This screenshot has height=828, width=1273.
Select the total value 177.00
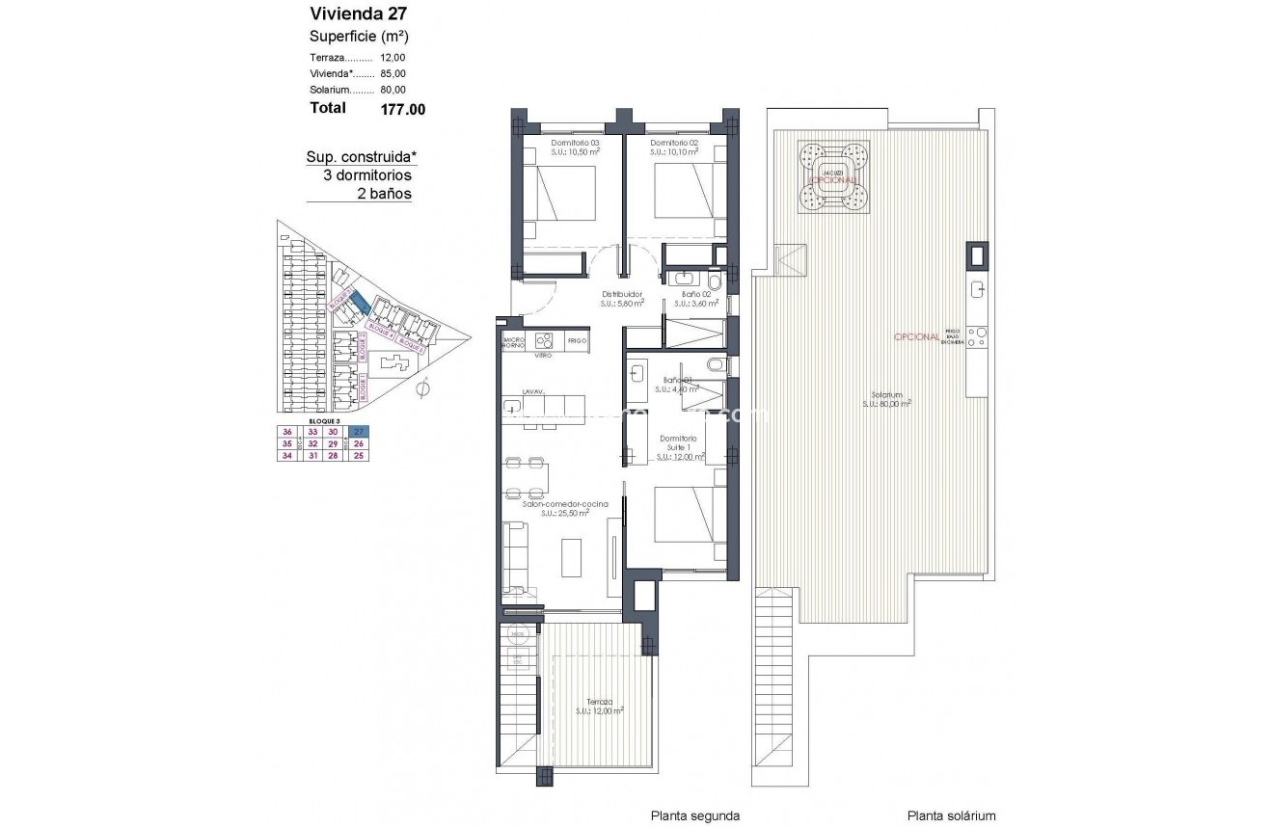[x=403, y=109]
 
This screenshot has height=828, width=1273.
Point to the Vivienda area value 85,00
[x=393, y=73]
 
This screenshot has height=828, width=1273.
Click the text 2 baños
[x=384, y=194]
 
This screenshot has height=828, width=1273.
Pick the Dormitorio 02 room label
[x=674, y=143]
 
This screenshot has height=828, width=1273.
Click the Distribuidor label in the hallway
[x=622, y=295]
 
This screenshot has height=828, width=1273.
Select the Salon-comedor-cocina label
[x=553, y=504]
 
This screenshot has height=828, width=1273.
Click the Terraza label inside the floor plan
[x=599, y=703]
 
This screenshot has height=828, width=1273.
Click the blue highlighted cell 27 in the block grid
[x=359, y=431]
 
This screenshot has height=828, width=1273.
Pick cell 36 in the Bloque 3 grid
[x=286, y=431]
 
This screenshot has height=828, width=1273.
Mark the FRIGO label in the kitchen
[x=577, y=341]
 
